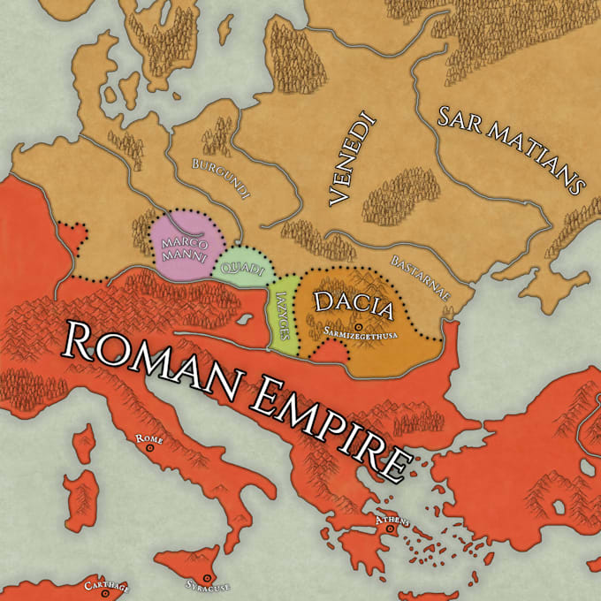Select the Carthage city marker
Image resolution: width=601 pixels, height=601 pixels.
coord(106,595)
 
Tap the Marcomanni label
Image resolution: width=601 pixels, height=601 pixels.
coord(184,248)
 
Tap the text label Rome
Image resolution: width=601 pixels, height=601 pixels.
coord(147,438)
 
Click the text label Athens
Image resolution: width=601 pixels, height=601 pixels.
coord(392,520)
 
